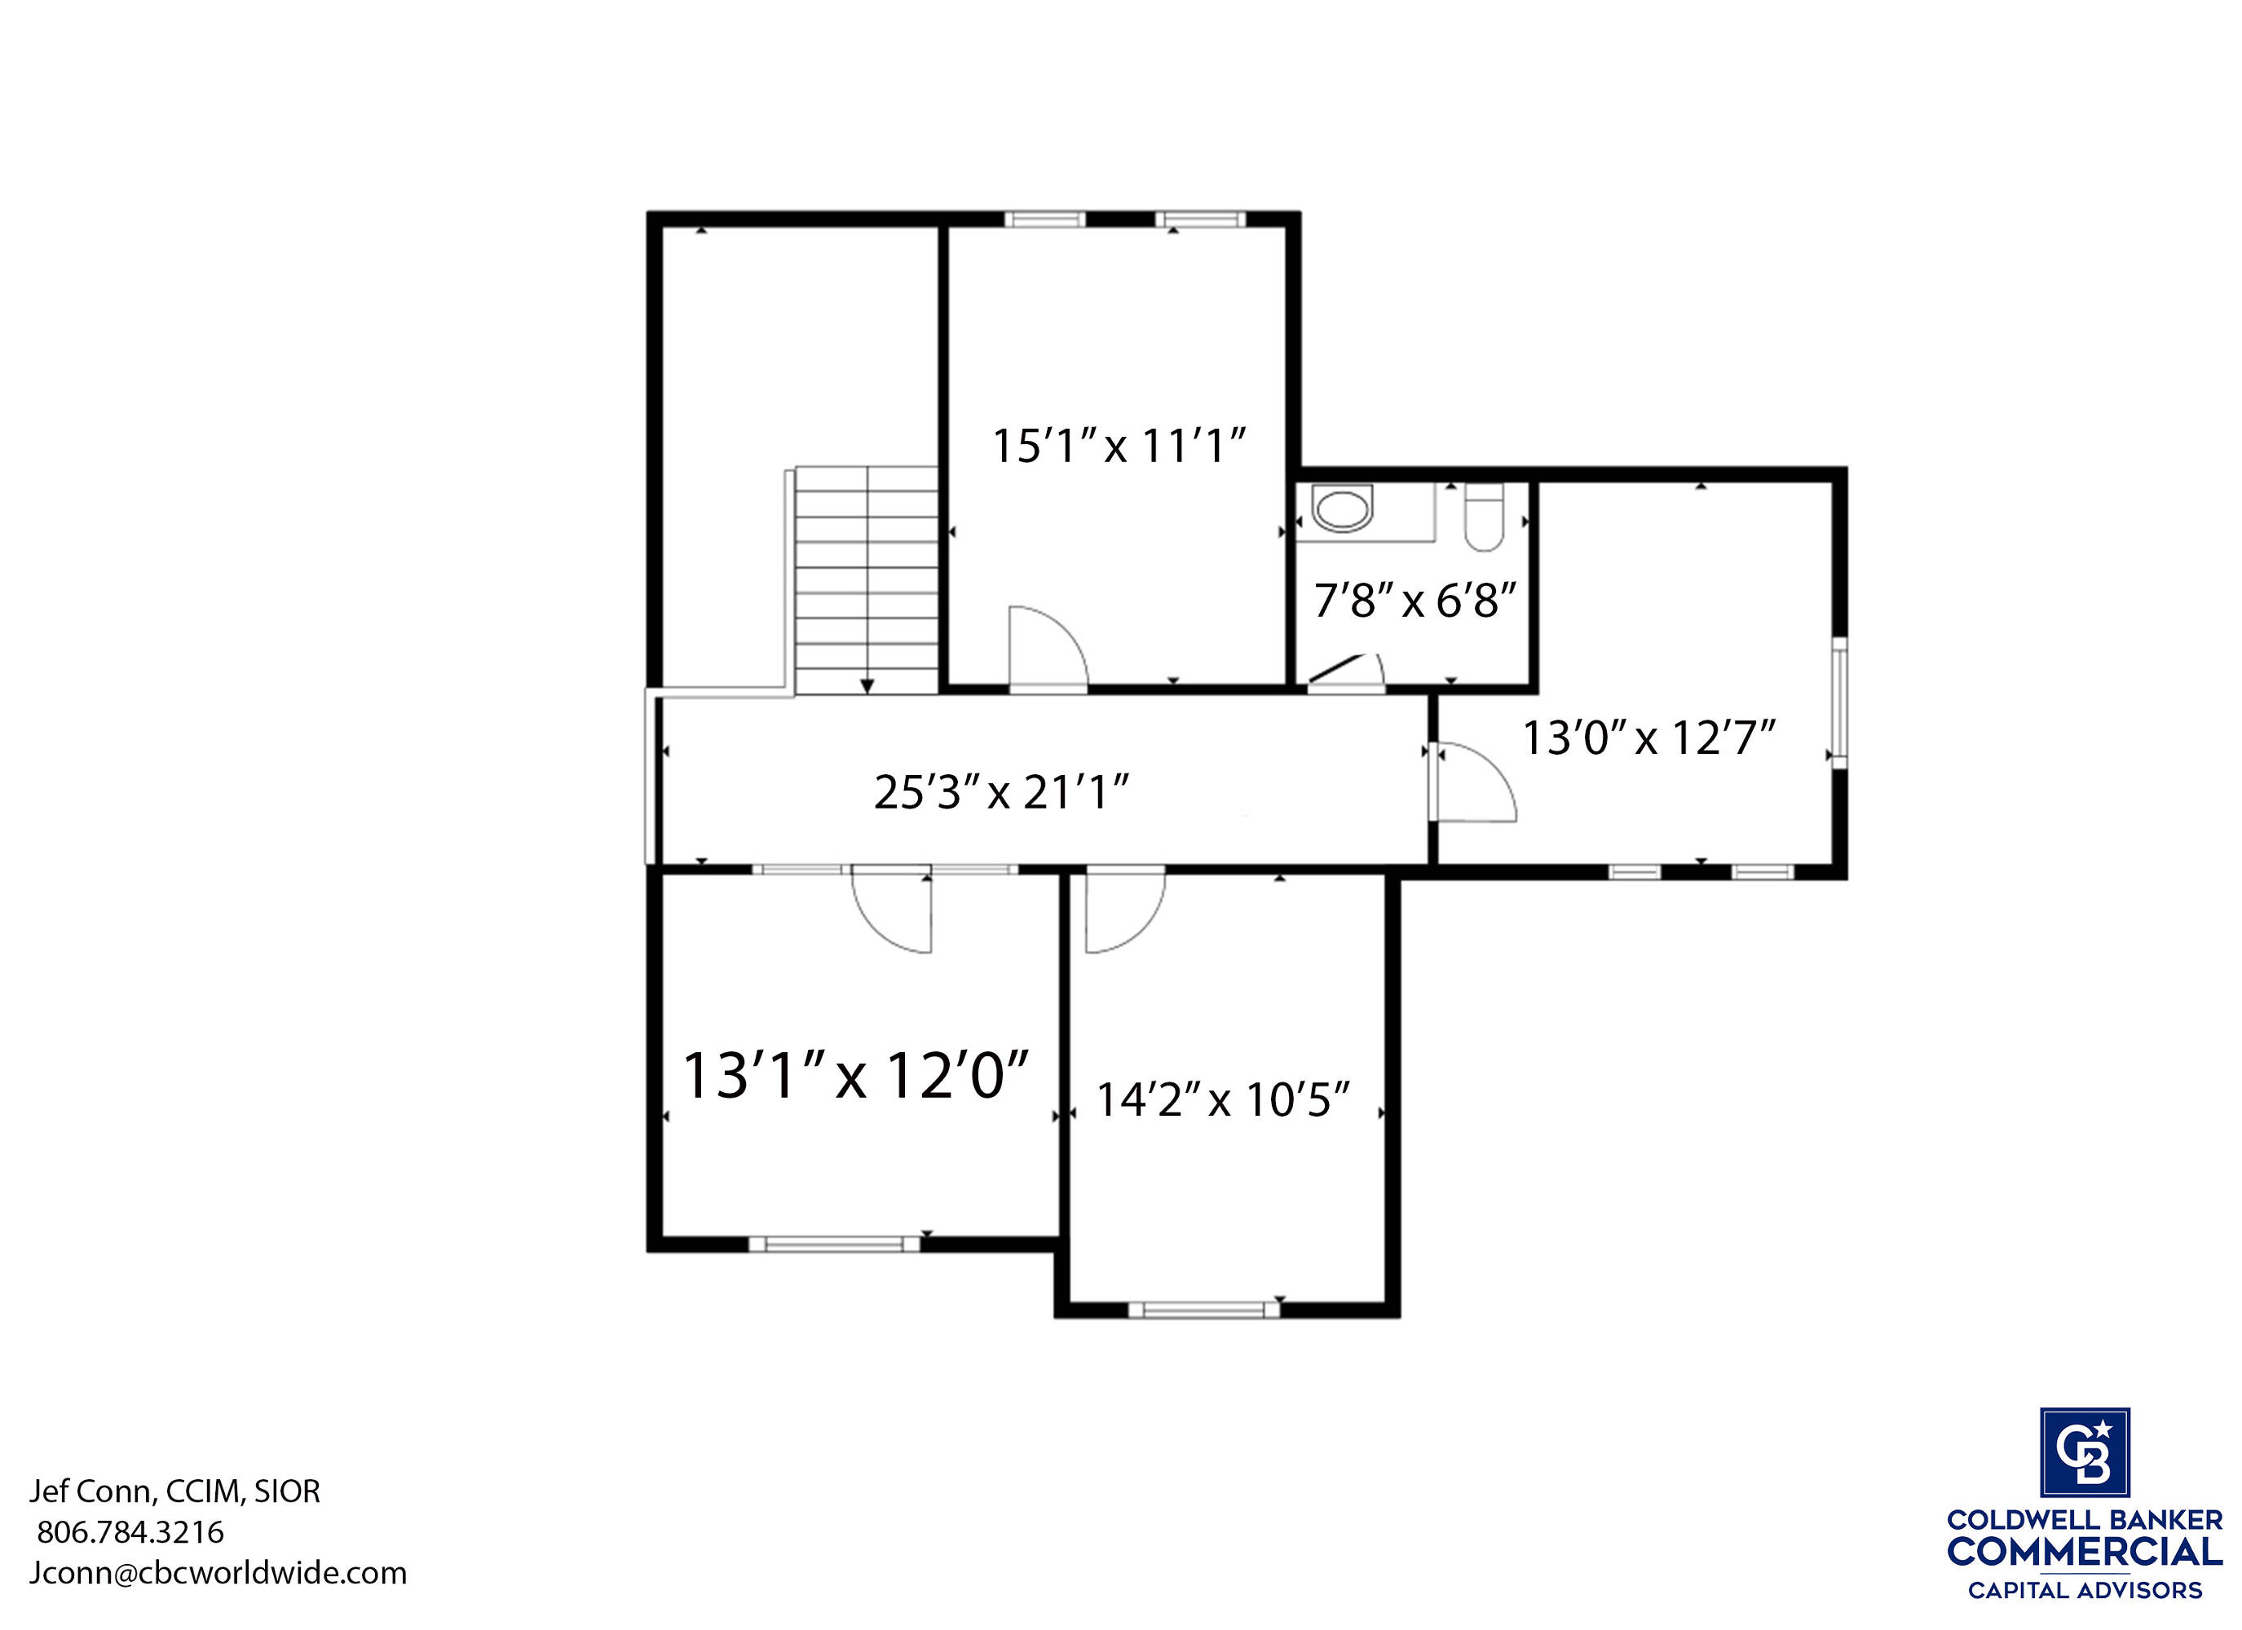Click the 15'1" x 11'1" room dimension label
click(1118, 446)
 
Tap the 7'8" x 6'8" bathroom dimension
click(1414, 600)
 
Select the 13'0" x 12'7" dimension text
click(1648, 738)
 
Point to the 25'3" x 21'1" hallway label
click(1001, 791)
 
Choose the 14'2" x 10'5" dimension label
click(1224, 1099)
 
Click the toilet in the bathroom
click(1484, 516)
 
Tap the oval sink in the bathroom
click(1343, 509)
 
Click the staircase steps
click(867, 580)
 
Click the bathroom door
click(1345, 669)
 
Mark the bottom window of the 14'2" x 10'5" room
click(1204, 1310)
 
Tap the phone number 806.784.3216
click(130, 1532)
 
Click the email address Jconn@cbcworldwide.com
click(218, 1573)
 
